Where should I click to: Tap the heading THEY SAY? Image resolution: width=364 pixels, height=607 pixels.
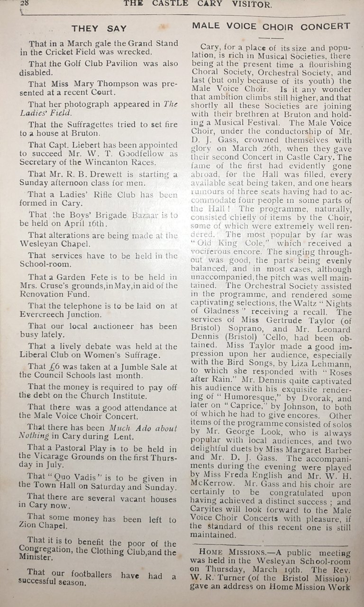[x=99, y=28]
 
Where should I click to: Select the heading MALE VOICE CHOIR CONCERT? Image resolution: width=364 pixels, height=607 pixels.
[x=272, y=26]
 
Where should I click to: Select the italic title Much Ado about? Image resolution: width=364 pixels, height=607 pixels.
[x=143, y=428]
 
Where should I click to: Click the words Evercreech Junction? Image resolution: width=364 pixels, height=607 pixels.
[x=63, y=314]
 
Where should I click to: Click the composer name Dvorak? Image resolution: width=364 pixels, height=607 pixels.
[x=302, y=399]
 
